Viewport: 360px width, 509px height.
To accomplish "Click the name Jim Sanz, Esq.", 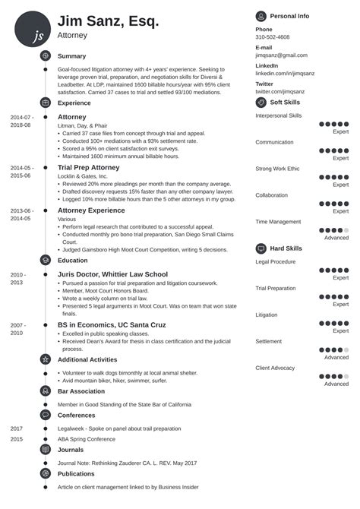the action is (108, 21).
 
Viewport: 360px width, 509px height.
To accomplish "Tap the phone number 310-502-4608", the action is (272, 36).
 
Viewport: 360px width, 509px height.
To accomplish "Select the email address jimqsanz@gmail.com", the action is (281, 55).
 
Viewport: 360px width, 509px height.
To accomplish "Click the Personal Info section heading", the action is (289, 15).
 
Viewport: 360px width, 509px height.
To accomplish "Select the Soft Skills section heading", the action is (286, 102).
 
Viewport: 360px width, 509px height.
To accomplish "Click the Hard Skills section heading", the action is (286, 248).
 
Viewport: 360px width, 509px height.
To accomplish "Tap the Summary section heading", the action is (71, 56).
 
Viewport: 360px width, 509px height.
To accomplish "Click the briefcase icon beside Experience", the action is (45, 103).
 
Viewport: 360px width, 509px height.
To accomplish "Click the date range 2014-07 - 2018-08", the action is (21, 121).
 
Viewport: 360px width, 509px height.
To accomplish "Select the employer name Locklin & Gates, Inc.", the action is (83, 175).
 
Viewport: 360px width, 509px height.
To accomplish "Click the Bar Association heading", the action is (81, 390).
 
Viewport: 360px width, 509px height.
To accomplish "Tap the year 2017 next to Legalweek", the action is (17, 428).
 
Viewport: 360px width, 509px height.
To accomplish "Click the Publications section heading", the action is (77, 474).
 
